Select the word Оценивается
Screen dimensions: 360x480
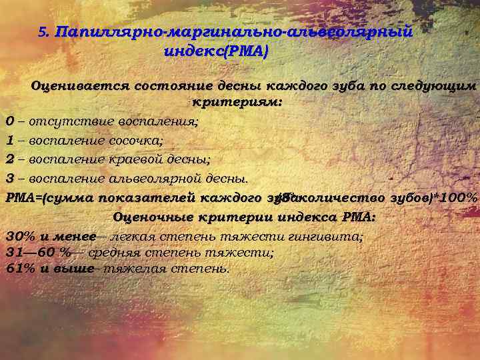81,86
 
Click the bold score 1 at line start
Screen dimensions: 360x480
9,141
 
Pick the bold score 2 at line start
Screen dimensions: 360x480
9,159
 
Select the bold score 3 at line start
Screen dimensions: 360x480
9,179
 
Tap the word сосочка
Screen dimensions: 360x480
135,141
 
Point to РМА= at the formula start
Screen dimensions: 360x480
25,198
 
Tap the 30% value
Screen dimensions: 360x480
20,235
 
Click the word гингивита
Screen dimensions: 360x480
331,235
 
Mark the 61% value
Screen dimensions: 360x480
20,269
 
